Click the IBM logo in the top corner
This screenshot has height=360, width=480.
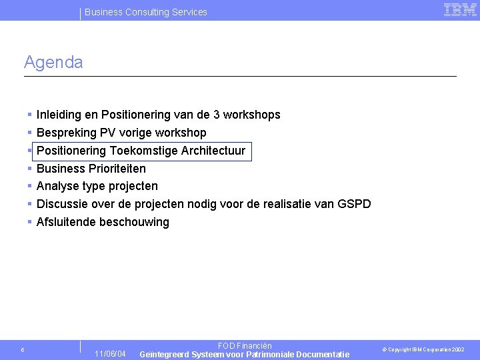[x=459, y=9]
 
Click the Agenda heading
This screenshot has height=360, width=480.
[x=53, y=63]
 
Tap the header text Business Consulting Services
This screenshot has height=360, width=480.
[x=146, y=12]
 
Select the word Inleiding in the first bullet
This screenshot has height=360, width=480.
[x=58, y=115]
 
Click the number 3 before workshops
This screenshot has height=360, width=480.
[x=216, y=115]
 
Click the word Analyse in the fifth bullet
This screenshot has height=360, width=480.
[x=57, y=186]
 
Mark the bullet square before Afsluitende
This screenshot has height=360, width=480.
[x=31, y=222]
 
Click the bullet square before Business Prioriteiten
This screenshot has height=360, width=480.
[x=31, y=169]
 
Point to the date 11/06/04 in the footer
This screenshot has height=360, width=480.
[x=110, y=353]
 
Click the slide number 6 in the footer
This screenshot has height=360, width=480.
[x=23, y=350]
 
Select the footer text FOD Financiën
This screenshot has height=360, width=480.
[x=245, y=346]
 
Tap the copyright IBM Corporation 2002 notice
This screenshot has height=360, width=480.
[x=423, y=350]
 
